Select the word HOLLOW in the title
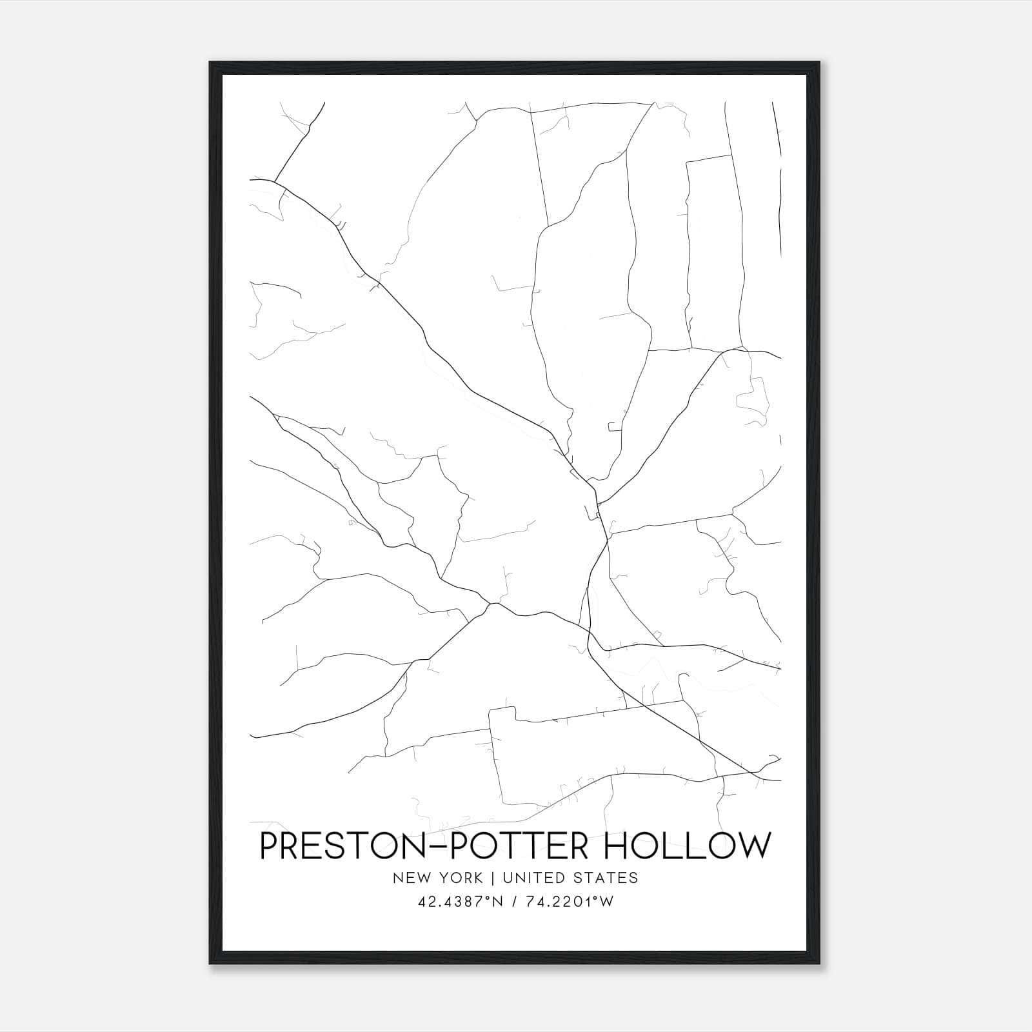[687, 846]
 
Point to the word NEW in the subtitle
[410, 878]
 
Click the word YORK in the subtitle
[461, 878]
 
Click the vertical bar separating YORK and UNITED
[493, 878]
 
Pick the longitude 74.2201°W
[570, 902]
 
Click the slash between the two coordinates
[512, 902]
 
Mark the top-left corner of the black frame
[210, 63]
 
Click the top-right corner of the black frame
[820, 63]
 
